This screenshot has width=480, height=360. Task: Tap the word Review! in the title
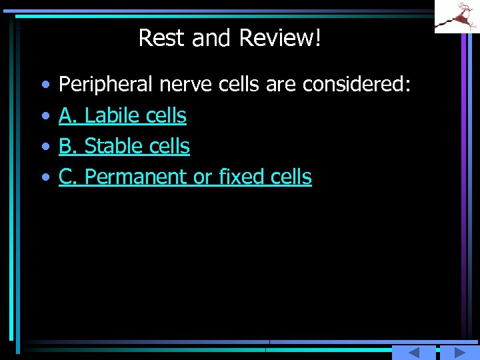point(280,38)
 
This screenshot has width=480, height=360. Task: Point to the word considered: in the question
point(356,85)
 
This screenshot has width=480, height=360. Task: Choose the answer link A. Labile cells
point(123,116)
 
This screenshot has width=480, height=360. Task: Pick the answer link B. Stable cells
point(124,146)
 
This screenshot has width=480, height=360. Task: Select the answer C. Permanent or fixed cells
point(185,177)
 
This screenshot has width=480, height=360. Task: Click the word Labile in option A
point(111,116)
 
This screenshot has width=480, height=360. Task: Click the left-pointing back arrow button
point(413,353)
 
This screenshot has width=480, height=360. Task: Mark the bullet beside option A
point(45,117)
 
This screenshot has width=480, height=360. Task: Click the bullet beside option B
point(45,147)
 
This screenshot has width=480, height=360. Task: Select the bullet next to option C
point(45,177)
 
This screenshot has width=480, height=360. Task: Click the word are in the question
point(281,85)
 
